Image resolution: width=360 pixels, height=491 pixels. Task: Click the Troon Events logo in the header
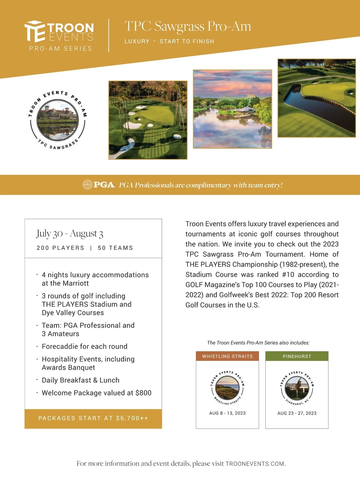59,35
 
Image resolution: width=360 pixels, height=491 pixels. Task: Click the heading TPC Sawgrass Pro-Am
187,26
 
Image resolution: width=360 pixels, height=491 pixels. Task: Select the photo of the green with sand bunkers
148,120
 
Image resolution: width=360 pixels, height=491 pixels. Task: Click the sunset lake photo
232,109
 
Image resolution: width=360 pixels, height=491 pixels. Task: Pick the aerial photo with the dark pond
317,98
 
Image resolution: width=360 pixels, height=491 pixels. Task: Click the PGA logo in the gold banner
99,185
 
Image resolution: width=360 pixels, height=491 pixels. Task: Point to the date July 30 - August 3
70,234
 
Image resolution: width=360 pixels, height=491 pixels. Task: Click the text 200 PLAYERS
60,248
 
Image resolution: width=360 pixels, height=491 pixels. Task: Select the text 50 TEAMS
115,248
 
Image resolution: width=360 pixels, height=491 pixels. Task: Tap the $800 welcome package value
143,393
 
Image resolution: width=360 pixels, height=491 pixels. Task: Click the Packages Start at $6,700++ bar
93,418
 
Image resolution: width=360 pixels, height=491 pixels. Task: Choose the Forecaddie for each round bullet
85,347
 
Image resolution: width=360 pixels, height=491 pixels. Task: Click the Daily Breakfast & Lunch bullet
80,380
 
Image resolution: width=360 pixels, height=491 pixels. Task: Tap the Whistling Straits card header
227,356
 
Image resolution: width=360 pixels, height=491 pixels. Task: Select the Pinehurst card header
297,356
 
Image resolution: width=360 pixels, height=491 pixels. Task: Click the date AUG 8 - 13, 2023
227,413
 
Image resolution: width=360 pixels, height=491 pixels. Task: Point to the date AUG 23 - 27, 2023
297,413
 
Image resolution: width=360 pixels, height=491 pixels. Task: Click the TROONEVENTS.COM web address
255,464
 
